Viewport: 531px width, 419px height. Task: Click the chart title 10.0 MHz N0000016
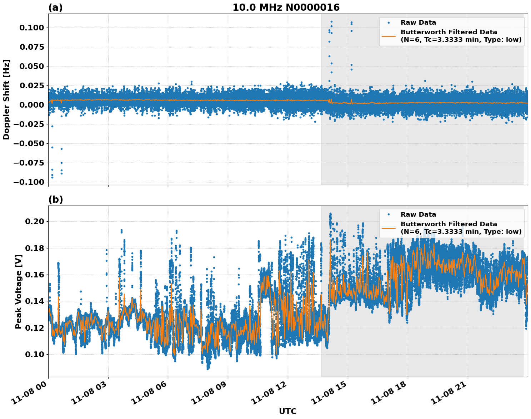point(286,8)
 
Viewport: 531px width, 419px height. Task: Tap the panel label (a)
point(55,8)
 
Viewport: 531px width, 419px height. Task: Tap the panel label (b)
point(55,199)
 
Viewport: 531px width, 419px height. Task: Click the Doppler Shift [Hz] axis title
point(6,99)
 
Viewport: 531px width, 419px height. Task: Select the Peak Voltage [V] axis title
point(19,291)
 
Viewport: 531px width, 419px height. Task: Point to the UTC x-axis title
point(287,411)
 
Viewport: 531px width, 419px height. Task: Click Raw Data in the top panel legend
point(418,23)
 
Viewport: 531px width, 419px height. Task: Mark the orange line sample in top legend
point(389,36)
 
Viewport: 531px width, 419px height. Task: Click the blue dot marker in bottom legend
point(389,215)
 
